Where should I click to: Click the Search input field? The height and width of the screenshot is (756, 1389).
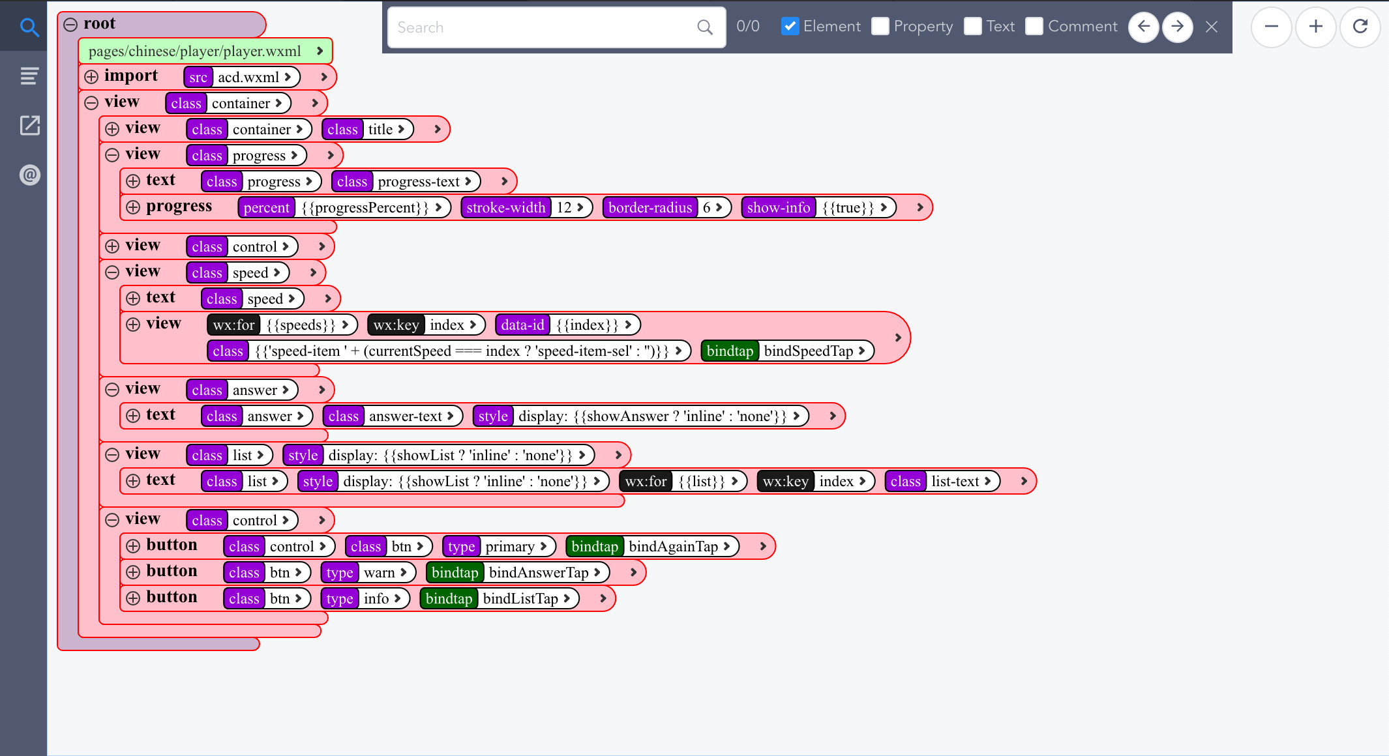pos(545,27)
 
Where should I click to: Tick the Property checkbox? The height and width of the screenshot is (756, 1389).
pos(880,26)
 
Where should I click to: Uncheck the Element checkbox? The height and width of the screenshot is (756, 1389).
pos(790,26)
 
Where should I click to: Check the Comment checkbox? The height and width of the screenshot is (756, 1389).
pos(1034,26)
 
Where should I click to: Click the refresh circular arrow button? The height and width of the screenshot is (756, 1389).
pos(1360,27)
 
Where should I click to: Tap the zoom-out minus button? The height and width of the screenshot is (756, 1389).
pos(1272,27)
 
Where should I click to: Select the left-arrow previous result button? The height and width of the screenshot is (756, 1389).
pos(1144,27)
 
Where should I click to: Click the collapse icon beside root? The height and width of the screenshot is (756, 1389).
pos(70,25)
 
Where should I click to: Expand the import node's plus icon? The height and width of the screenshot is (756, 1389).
pos(91,77)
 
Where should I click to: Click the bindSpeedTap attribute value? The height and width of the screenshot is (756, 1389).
pos(808,351)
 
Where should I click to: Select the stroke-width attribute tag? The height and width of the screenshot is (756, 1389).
pos(505,208)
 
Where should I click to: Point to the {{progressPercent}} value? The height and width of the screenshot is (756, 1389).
pos(365,208)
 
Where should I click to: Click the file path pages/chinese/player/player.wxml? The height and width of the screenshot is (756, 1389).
pos(194,51)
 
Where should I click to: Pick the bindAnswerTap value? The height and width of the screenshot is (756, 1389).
pos(539,573)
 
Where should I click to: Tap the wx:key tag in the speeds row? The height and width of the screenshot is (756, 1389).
pos(396,325)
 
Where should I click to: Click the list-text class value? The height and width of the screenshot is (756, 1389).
pos(955,482)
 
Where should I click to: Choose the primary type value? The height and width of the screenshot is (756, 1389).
pos(510,547)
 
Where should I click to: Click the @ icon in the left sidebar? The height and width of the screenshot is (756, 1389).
pos(30,175)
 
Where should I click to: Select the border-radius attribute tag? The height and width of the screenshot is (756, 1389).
pos(650,208)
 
